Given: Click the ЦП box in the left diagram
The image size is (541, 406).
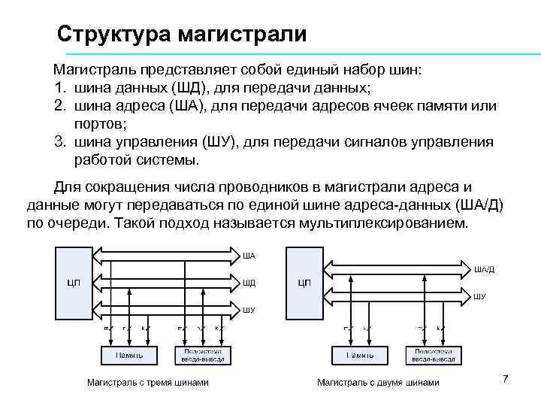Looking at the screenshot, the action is [74, 283].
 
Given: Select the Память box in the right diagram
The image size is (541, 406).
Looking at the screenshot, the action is [356, 354].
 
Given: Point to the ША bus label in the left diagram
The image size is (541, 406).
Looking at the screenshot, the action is [249, 256].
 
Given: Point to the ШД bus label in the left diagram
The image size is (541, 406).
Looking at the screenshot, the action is [249, 283].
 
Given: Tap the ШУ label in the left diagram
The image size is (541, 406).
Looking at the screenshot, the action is [249, 309].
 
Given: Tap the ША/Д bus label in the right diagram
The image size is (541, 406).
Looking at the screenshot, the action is [484, 269].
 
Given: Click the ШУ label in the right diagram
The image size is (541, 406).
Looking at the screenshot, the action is [479, 296].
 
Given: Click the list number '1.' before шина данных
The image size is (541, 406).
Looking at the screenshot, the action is [59, 88].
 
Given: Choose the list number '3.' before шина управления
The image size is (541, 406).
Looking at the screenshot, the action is [59, 142].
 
